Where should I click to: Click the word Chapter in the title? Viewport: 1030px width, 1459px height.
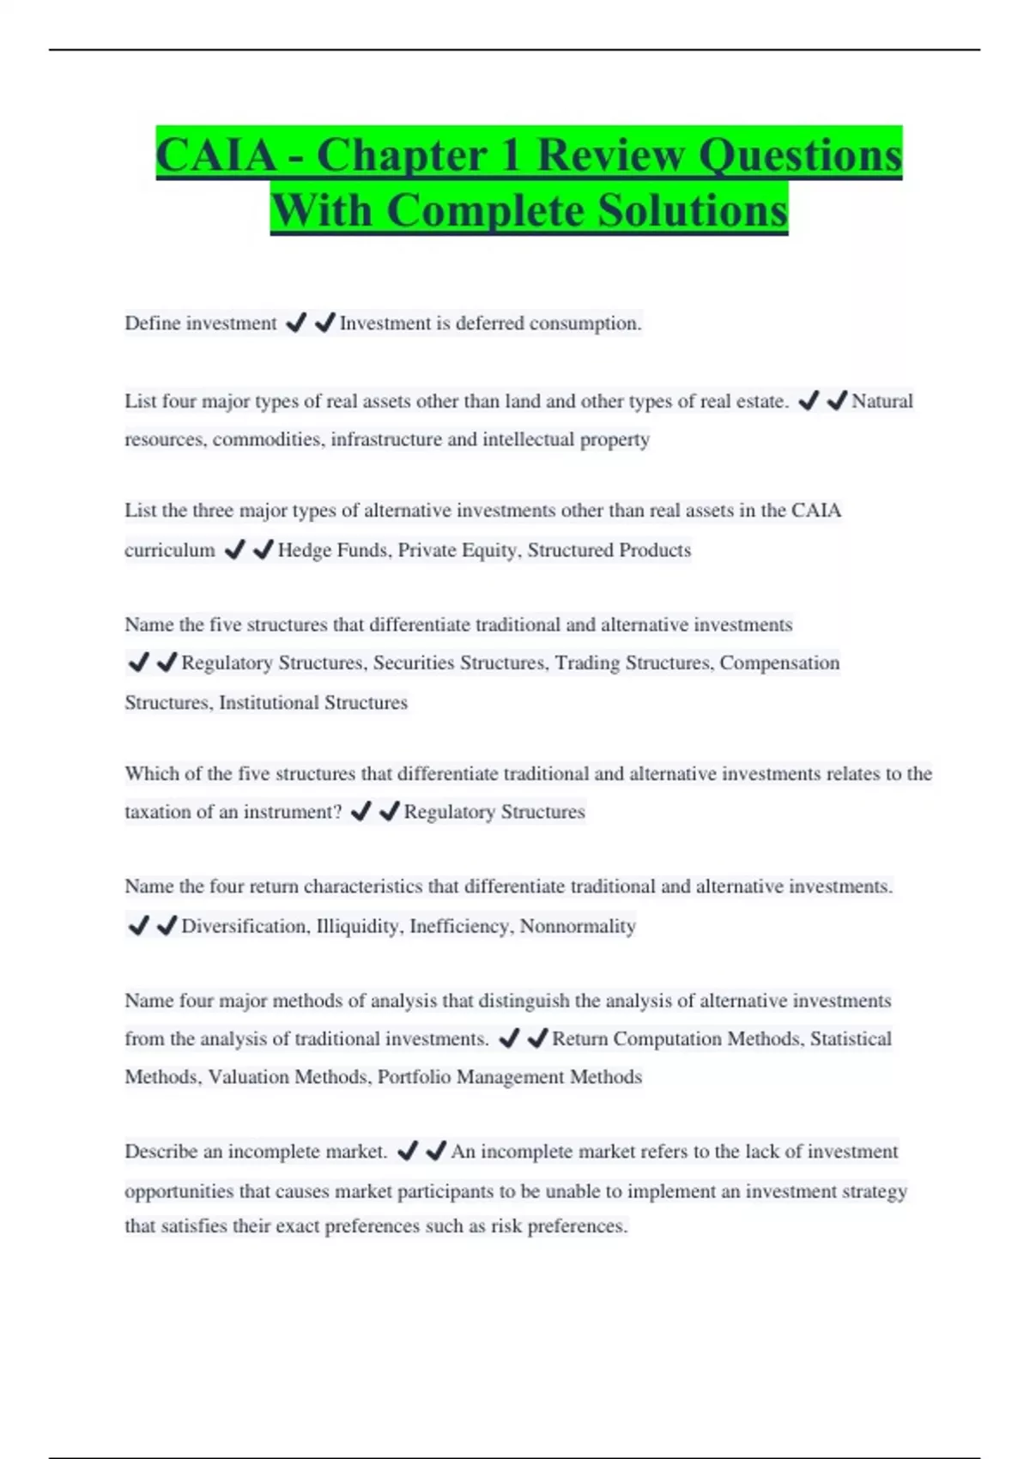pyautogui.click(x=419, y=155)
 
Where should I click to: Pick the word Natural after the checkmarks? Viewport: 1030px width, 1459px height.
pyautogui.click(x=882, y=401)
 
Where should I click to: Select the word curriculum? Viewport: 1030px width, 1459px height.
pyautogui.click(x=170, y=550)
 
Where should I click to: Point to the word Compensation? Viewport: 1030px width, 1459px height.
pyautogui.click(x=779, y=663)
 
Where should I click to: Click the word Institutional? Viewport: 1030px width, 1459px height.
pyautogui.click(x=269, y=703)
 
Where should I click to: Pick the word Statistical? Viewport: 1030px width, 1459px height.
pyautogui.click(x=851, y=1039)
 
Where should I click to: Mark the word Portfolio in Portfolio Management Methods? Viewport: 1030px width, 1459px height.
pyautogui.click(x=414, y=1077)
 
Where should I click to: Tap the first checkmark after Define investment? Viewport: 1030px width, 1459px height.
pyautogui.click(x=296, y=323)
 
